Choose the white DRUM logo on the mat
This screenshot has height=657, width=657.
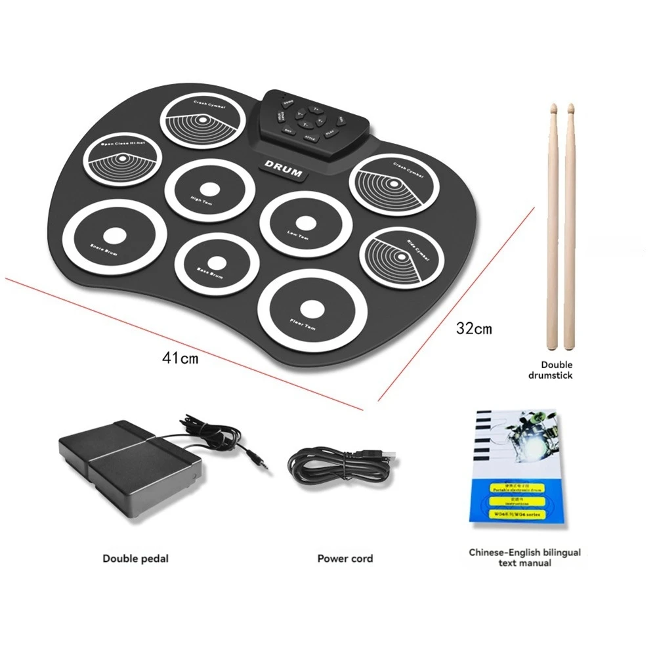click(284, 169)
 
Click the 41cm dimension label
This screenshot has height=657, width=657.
click(180, 358)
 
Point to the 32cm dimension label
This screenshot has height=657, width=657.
click(474, 328)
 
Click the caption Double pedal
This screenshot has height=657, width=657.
click(135, 559)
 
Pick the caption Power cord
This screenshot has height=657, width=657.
click(345, 559)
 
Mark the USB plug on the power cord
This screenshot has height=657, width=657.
click(387, 455)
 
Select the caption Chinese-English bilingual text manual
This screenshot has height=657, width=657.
click(524, 558)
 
